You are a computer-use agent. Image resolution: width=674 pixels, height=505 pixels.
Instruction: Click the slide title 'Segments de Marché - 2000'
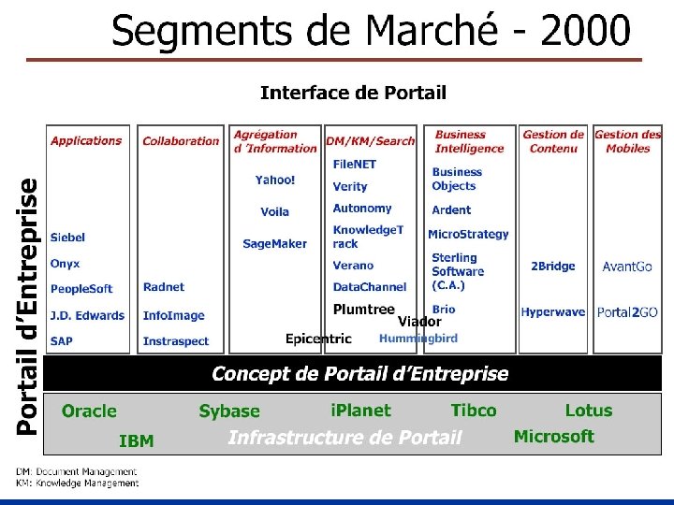(371, 32)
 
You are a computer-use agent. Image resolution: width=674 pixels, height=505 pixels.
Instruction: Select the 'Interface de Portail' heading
(353, 93)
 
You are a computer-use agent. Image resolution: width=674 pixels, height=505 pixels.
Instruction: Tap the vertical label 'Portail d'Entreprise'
(29, 307)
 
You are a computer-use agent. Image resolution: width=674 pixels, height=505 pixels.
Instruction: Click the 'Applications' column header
(86, 141)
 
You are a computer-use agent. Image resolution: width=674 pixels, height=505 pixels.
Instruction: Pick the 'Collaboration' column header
(181, 141)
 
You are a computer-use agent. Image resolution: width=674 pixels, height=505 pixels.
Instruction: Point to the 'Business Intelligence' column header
(468, 141)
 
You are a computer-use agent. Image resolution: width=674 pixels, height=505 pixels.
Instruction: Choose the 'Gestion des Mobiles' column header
(627, 141)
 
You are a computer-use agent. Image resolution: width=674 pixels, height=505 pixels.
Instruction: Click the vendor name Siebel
(67, 238)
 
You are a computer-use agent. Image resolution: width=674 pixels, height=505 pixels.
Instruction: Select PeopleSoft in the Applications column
(81, 289)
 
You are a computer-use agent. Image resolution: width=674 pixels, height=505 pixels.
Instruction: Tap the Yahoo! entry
(275, 180)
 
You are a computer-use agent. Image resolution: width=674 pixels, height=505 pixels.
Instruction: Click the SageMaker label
(274, 243)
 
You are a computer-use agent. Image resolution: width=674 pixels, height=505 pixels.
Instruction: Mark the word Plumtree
(363, 310)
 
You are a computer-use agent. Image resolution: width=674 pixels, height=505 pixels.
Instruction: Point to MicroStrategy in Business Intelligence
(468, 235)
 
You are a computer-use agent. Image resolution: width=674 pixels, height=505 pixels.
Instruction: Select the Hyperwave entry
(552, 312)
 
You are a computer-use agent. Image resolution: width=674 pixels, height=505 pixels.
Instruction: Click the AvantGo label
(627, 267)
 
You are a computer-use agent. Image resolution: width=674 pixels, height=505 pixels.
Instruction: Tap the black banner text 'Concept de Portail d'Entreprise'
(359, 375)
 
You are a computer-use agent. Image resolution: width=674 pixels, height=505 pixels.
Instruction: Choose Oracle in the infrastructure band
(89, 411)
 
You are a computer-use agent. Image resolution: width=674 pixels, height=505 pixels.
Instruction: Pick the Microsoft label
(553, 437)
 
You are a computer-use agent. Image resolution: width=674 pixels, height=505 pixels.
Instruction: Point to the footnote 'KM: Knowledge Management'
(77, 483)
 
